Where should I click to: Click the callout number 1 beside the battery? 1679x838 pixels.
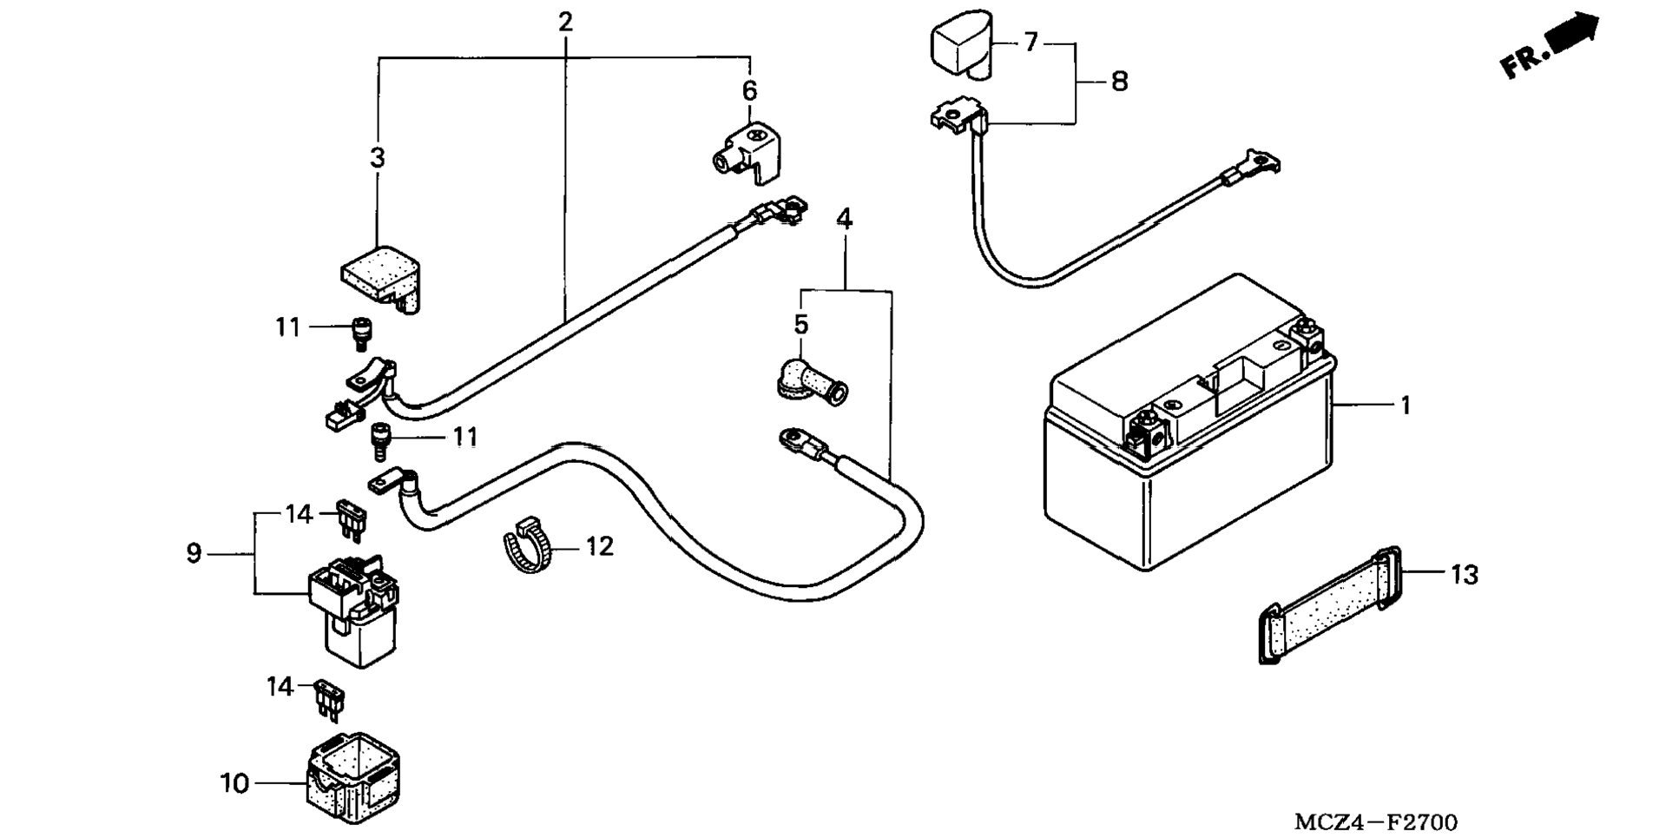[1406, 406]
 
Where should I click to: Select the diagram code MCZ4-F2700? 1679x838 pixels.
[1376, 822]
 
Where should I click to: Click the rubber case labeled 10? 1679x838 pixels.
[352, 778]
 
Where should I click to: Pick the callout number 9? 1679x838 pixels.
[194, 553]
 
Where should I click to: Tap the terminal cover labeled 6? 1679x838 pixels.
[747, 152]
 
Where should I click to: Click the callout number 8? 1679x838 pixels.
[1119, 82]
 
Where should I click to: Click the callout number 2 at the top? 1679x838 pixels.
[565, 21]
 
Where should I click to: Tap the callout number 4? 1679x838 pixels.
[844, 219]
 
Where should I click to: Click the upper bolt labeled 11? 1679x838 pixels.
[359, 333]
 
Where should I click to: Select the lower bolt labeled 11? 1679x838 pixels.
[379, 441]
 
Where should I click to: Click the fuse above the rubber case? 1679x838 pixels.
[329, 700]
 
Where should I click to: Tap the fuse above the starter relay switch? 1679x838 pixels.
[352, 520]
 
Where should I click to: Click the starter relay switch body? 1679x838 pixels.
[354, 608]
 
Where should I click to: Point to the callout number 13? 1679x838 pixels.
[1464, 575]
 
